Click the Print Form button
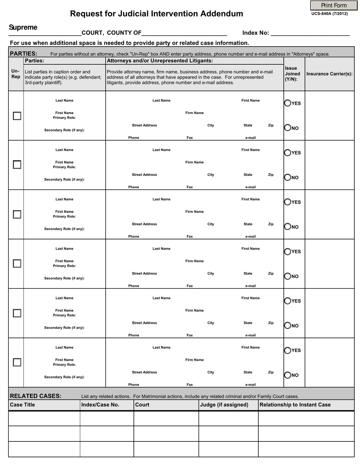[x=333, y=5]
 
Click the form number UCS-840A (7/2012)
[x=329, y=14]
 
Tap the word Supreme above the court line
[x=23, y=27]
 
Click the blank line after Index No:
[x=310, y=33]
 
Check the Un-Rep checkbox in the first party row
[x=17, y=116]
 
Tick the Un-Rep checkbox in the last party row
[x=17, y=362]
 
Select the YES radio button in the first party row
[x=288, y=103]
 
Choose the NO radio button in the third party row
[x=288, y=227]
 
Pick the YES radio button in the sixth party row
[x=288, y=350]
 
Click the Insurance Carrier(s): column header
[x=329, y=74]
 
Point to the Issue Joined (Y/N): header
[x=293, y=73]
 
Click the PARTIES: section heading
[x=23, y=53]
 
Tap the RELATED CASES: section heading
[x=36, y=396]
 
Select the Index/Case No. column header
[x=100, y=405]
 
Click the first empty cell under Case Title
[x=44, y=419]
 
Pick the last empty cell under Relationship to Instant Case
[x=306, y=449]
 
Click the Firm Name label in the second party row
[x=194, y=162]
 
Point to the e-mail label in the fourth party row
[x=250, y=286]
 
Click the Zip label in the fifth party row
[x=271, y=323]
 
